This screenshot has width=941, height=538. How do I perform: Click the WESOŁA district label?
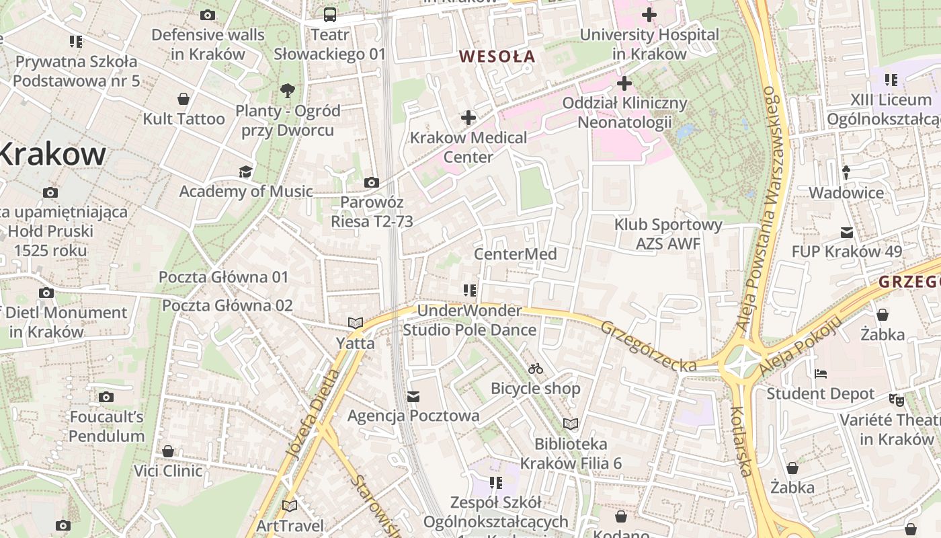pyautogui.click(x=497, y=56)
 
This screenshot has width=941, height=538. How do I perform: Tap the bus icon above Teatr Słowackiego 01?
pyautogui.click(x=330, y=14)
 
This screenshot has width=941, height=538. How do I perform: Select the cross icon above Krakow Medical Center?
pyautogui.click(x=468, y=118)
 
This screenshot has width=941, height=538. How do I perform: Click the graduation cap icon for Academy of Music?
pyautogui.click(x=245, y=171)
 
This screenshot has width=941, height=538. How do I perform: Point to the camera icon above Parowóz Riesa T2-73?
pyautogui.click(x=371, y=182)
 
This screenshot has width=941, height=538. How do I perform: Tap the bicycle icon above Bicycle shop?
pyautogui.click(x=535, y=369)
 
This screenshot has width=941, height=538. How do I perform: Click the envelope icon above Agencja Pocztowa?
pyautogui.click(x=413, y=397)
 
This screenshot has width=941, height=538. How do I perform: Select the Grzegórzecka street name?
pyautogui.click(x=648, y=346)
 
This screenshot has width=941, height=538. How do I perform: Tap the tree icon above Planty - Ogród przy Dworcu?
pyautogui.click(x=287, y=90)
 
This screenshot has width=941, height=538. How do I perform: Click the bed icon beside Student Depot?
pyautogui.click(x=820, y=374)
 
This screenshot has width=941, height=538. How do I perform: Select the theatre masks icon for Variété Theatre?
pyautogui.click(x=897, y=399)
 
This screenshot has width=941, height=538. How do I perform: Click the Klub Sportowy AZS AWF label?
pyautogui.click(x=668, y=234)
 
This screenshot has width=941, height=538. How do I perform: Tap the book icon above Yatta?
pyautogui.click(x=356, y=323)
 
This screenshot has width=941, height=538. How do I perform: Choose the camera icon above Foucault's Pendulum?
pyautogui.click(x=106, y=397)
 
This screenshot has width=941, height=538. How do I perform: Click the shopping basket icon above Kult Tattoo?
pyautogui.click(x=183, y=100)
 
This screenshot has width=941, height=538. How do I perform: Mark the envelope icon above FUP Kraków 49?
pyautogui.click(x=846, y=233)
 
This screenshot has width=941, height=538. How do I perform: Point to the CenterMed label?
pyautogui.click(x=515, y=254)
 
